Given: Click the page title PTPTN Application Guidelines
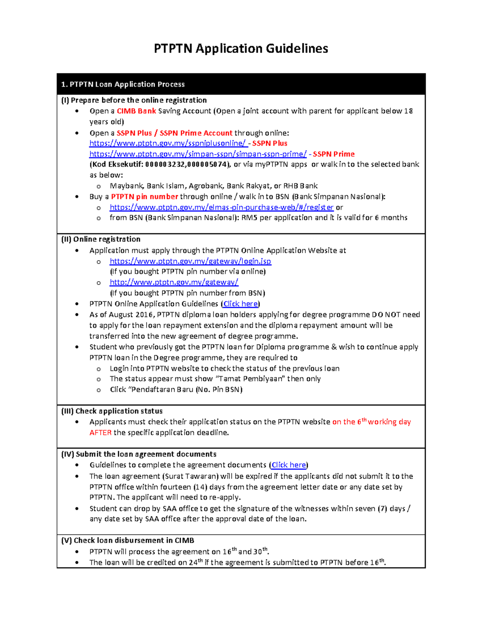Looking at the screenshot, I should pyautogui.click(x=241, y=49).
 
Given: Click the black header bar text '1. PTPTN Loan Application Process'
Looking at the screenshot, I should pyautogui.click(x=123, y=84).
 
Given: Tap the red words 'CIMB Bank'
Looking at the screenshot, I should pyautogui.click(x=136, y=111).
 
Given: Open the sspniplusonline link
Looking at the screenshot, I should pyautogui.click(x=167, y=143).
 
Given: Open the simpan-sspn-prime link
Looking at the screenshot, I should pyautogui.click(x=198, y=154).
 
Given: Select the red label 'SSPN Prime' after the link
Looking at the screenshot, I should pyautogui.click(x=333, y=154).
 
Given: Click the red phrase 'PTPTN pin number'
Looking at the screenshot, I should pyautogui.click(x=145, y=196).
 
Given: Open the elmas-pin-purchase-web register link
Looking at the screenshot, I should pyautogui.click(x=221, y=207).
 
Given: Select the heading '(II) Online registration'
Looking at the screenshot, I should pyautogui.click(x=101, y=239).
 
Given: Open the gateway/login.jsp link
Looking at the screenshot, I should pyautogui.click(x=190, y=261).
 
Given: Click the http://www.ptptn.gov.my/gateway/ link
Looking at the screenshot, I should pyautogui.click(x=174, y=282).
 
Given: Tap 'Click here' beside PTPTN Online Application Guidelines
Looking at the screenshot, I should pyautogui.click(x=241, y=304).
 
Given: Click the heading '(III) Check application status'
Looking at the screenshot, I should pyautogui.click(x=112, y=411).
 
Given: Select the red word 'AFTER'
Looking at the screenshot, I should pyautogui.click(x=100, y=433).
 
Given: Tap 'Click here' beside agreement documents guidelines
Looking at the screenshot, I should pyautogui.click(x=288, y=465).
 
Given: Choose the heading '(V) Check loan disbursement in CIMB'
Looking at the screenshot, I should pyautogui.click(x=127, y=540).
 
